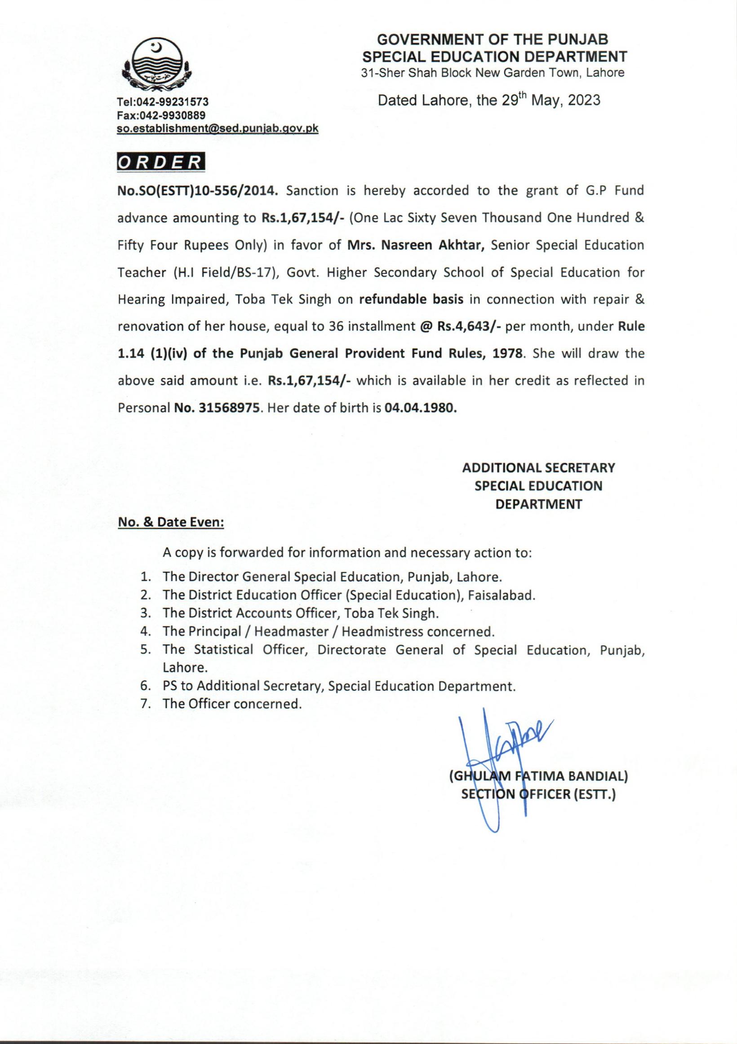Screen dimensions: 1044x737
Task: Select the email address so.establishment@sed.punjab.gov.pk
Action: [x=218, y=129]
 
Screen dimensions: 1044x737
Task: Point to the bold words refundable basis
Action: [x=411, y=300]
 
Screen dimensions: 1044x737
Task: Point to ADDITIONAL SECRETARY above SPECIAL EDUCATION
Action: [x=539, y=467]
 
